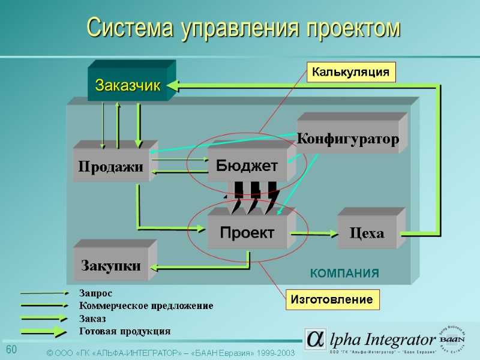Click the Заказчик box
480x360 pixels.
128,86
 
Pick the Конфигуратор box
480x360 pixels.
348,140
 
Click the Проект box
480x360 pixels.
247,232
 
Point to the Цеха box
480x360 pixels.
367,233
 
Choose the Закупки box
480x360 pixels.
111,265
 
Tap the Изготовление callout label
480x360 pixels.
332,299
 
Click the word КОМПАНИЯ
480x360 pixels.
344,274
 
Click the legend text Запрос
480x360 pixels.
95,293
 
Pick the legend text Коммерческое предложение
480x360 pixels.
146,306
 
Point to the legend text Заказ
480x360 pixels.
92,319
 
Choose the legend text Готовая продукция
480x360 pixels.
125,331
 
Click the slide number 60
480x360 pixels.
11,350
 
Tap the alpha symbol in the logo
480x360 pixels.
314,339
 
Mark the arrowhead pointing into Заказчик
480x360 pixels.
172,86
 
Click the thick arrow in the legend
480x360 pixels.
45,331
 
